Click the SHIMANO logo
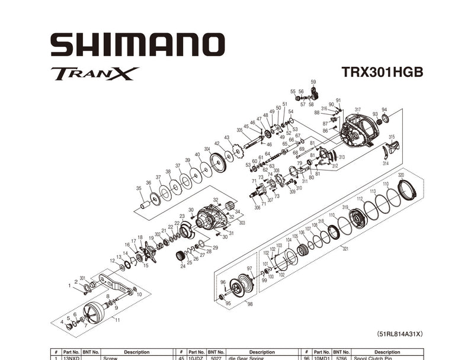(137, 45)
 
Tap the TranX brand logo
(95, 73)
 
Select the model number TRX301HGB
(382, 72)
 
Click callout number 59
(313, 82)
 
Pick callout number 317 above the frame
(357, 110)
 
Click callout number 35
(139, 189)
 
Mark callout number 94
(384, 110)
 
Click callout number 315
(392, 137)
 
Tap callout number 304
(207, 149)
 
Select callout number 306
(257, 207)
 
